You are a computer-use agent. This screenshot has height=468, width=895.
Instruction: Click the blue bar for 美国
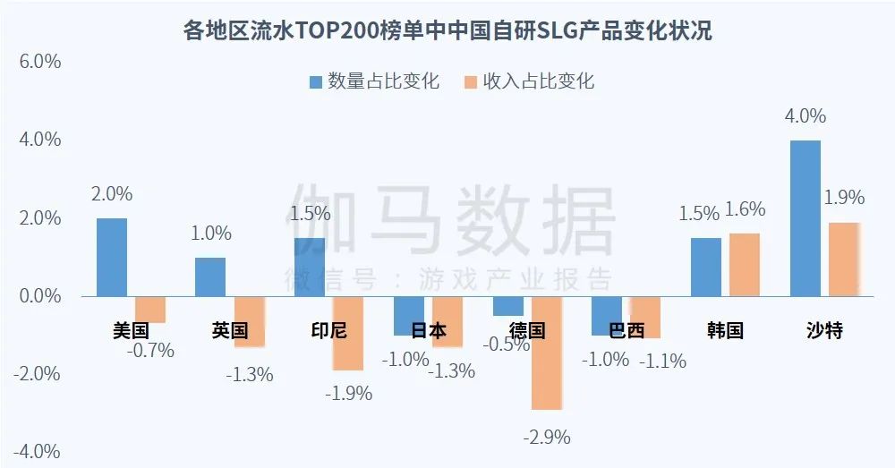[x=112, y=257]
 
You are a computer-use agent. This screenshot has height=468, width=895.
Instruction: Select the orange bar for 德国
[x=547, y=353]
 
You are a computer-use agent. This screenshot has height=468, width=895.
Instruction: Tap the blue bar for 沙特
[x=805, y=217]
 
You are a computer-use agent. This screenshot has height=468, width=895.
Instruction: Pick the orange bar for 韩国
[x=745, y=264]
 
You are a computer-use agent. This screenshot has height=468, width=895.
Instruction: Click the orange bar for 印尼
[x=349, y=333]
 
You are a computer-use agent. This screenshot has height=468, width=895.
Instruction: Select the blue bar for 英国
[x=210, y=277]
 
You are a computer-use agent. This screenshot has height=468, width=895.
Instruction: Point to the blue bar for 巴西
[x=607, y=315]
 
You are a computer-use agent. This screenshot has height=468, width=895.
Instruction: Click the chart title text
[x=447, y=31]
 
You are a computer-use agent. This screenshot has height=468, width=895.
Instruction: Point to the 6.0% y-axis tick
[x=37, y=62]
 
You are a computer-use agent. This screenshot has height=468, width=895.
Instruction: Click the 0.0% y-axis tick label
[x=37, y=296]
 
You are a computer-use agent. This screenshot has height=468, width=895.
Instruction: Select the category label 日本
[x=428, y=330]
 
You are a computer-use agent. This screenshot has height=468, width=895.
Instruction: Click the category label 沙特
[x=824, y=330]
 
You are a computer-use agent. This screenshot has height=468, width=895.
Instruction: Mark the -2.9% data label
[x=547, y=438]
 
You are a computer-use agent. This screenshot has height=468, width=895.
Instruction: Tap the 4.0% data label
[x=805, y=115]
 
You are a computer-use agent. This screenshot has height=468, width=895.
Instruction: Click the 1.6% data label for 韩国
[x=745, y=209]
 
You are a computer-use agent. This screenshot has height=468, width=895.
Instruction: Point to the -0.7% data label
[x=150, y=350]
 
